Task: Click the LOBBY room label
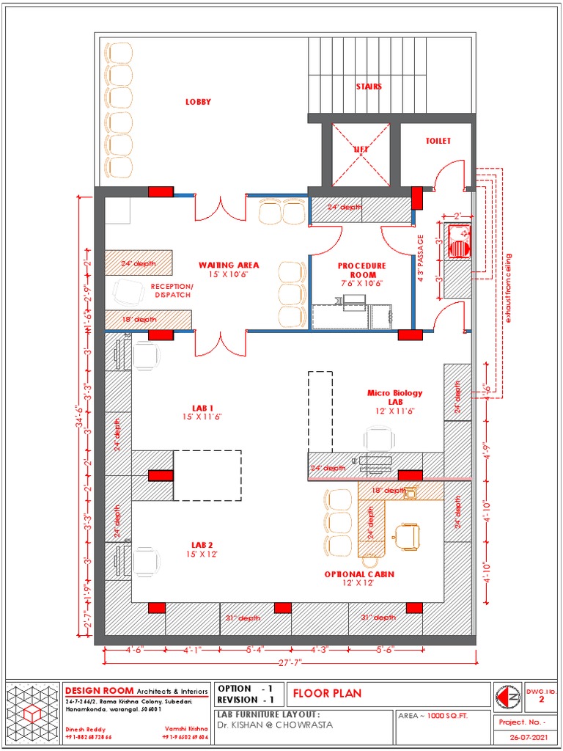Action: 198,102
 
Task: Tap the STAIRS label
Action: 369,87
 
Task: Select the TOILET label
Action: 438,141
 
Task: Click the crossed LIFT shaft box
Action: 361,155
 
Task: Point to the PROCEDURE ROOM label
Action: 361,270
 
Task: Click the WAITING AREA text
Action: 228,265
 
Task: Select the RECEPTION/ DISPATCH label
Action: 172,290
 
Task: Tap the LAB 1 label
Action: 202,408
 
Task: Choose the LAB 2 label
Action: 202,545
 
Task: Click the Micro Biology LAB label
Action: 394,398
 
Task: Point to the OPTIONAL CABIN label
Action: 359,574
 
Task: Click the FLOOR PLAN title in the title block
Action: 328,694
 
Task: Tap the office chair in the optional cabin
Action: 408,536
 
